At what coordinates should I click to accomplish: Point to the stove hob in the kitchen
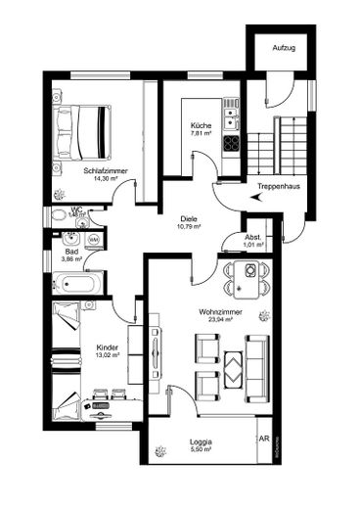[x=231, y=142]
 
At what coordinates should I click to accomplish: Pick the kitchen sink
[x=231, y=118]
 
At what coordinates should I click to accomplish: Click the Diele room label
[x=189, y=218]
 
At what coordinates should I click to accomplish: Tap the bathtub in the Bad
[x=74, y=285]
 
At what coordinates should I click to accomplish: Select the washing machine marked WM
[x=94, y=240]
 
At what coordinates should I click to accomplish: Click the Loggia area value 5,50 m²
[x=201, y=452]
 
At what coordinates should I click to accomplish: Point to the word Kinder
[x=107, y=347]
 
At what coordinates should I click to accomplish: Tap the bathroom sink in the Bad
[x=70, y=238]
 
